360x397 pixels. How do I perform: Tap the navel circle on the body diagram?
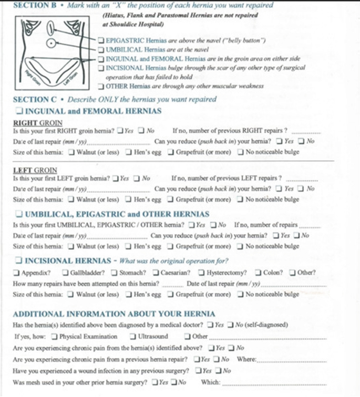pyautogui.click(x=52, y=43)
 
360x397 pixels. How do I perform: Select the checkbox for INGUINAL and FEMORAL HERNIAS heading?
pyautogui.click(x=19, y=111)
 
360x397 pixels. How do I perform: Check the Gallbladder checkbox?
pyautogui.click(x=65, y=272)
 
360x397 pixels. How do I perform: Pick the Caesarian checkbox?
pyautogui.click(x=156, y=272)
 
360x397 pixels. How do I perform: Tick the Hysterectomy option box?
pyautogui.click(x=202, y=272)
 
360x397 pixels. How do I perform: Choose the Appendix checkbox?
pyautogui.click(x=17, y=272)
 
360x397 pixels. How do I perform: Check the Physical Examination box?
pyautogui.click(x=54, y=336)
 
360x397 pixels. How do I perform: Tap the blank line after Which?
pyautogui.click(x=273, y=383)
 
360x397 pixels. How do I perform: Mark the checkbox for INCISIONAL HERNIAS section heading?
pyautogui.click(x=19, y=260)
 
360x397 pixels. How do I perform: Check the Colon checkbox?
pyautogui.click(x=258, y=272)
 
